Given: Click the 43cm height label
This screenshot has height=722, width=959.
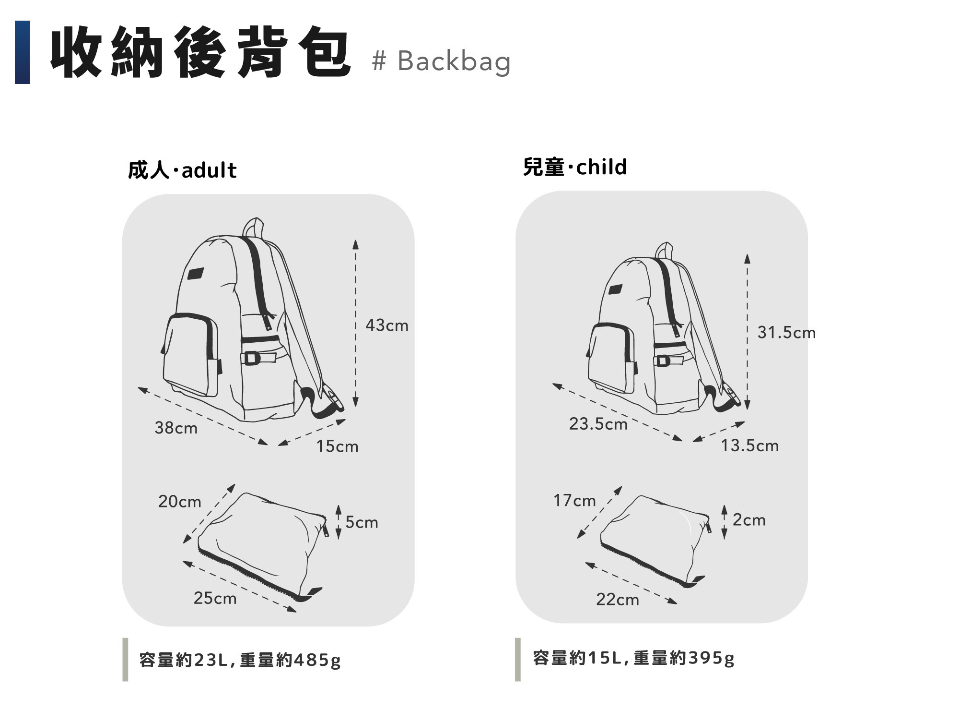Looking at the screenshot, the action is (x=387, y=325).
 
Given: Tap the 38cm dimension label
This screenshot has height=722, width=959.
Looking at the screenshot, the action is (x=176, y=428).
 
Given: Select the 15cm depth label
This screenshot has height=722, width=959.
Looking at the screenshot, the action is (x=337, y=446).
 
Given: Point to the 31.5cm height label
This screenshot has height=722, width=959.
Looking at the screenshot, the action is (x=786, y=333).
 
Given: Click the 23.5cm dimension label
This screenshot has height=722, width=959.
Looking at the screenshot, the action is (x=598, y=424).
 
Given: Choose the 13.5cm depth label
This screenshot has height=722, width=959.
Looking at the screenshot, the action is (x=750, y=445).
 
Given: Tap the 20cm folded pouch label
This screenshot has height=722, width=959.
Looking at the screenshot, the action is (x=180, y=502).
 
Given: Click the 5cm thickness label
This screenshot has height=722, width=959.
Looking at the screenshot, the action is (x=362, y=522).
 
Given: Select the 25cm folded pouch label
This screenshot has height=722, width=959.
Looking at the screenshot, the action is (x=215, y=598).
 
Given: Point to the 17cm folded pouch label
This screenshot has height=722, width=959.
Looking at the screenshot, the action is (x=574, y=501).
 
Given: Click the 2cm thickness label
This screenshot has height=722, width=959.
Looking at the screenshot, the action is (x=749, y=520).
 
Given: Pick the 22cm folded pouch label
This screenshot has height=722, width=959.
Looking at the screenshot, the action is (x=618, y=600).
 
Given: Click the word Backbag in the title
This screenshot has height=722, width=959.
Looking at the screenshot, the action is (x=454, y=61).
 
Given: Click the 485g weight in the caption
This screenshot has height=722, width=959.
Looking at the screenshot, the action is (x=317, y=660).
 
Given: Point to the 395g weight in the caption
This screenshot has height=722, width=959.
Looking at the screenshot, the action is (x=711, y=658).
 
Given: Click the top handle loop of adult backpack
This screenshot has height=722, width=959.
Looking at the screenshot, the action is (x=254, y=227).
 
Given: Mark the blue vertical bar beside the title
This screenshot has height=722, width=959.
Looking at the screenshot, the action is (x=22, y=52).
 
